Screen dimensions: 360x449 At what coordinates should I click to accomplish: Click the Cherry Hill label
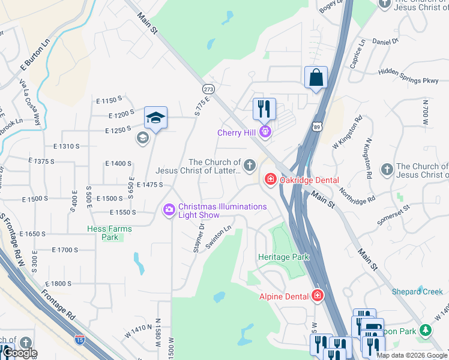(x=237, y=132)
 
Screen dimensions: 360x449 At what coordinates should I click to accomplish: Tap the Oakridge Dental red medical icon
(x=270, y=179)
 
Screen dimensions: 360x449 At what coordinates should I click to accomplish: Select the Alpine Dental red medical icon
(x=316, y=296)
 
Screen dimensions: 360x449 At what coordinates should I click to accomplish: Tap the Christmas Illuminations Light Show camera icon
(x=169, y=209)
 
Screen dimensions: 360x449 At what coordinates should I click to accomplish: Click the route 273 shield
(x=208, y=88)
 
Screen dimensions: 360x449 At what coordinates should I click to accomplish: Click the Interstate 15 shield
(x=79, y=340)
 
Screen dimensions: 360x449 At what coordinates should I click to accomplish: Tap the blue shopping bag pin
(x=316, y=79)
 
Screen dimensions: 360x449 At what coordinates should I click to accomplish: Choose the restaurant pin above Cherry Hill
(x=264, y=110)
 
